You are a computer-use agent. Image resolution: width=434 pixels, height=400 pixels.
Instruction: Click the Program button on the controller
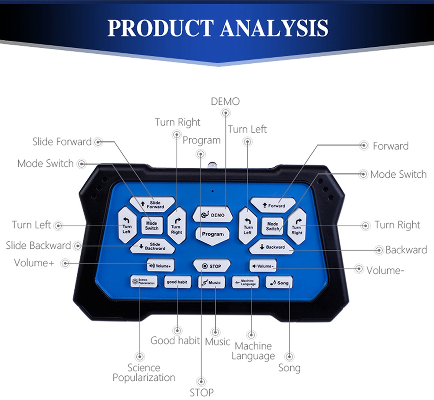(212, 234)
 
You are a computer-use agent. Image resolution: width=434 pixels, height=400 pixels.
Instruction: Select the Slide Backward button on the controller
(152, 247)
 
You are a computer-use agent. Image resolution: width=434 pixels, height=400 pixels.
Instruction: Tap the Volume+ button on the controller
(161, 265)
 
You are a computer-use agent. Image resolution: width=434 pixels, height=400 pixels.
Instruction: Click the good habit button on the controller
(177, 282)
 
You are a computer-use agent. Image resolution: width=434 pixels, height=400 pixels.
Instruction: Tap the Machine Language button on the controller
(245, 283)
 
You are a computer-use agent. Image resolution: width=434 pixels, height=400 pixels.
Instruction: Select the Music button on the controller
(211, 283)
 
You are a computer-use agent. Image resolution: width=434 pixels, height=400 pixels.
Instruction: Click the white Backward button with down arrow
(272, 247)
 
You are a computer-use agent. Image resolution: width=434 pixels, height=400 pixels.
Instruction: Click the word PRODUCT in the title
(160, 28)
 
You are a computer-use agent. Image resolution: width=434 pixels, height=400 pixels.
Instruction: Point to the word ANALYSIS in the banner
(274, 28)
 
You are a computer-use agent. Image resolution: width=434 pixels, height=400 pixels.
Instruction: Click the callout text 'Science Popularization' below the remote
(144, 373)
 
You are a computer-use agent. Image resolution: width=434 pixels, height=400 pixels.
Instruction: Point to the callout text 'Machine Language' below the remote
(253, 351)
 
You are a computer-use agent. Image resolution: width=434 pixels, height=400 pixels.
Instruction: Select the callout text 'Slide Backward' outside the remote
(38, 245)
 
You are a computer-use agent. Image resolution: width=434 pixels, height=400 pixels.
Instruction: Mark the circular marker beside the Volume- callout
(359, 269)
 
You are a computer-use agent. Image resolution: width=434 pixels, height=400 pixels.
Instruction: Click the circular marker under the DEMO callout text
(226, 113)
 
